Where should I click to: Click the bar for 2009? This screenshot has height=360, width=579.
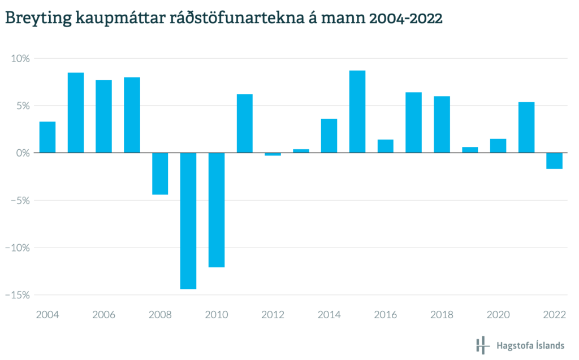coord(188,220)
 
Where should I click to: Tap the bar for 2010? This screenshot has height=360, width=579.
coord(217,210)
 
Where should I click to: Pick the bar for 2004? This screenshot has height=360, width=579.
coord(47,137)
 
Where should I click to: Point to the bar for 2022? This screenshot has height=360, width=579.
coord(555,161)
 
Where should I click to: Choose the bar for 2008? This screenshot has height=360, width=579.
coord(160,174)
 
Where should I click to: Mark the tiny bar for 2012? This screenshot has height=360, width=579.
coord(273,154)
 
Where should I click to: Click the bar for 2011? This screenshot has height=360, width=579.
coord(244,123)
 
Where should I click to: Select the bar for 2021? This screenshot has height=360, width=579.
coord(526,127)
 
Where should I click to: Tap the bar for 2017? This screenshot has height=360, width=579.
coord(413,122)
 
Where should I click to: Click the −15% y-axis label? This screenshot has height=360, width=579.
coord(18,294)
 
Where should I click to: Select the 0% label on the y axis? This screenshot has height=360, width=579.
coord(22,153)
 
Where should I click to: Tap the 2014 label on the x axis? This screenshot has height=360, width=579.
coord(329,315)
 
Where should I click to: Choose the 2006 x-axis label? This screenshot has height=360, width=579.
coord(103,315)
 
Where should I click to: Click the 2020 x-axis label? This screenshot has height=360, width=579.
coord(498,315)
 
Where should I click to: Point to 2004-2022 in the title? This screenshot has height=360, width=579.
coord(405,19)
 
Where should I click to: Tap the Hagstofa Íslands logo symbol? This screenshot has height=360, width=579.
coord(482,345)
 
